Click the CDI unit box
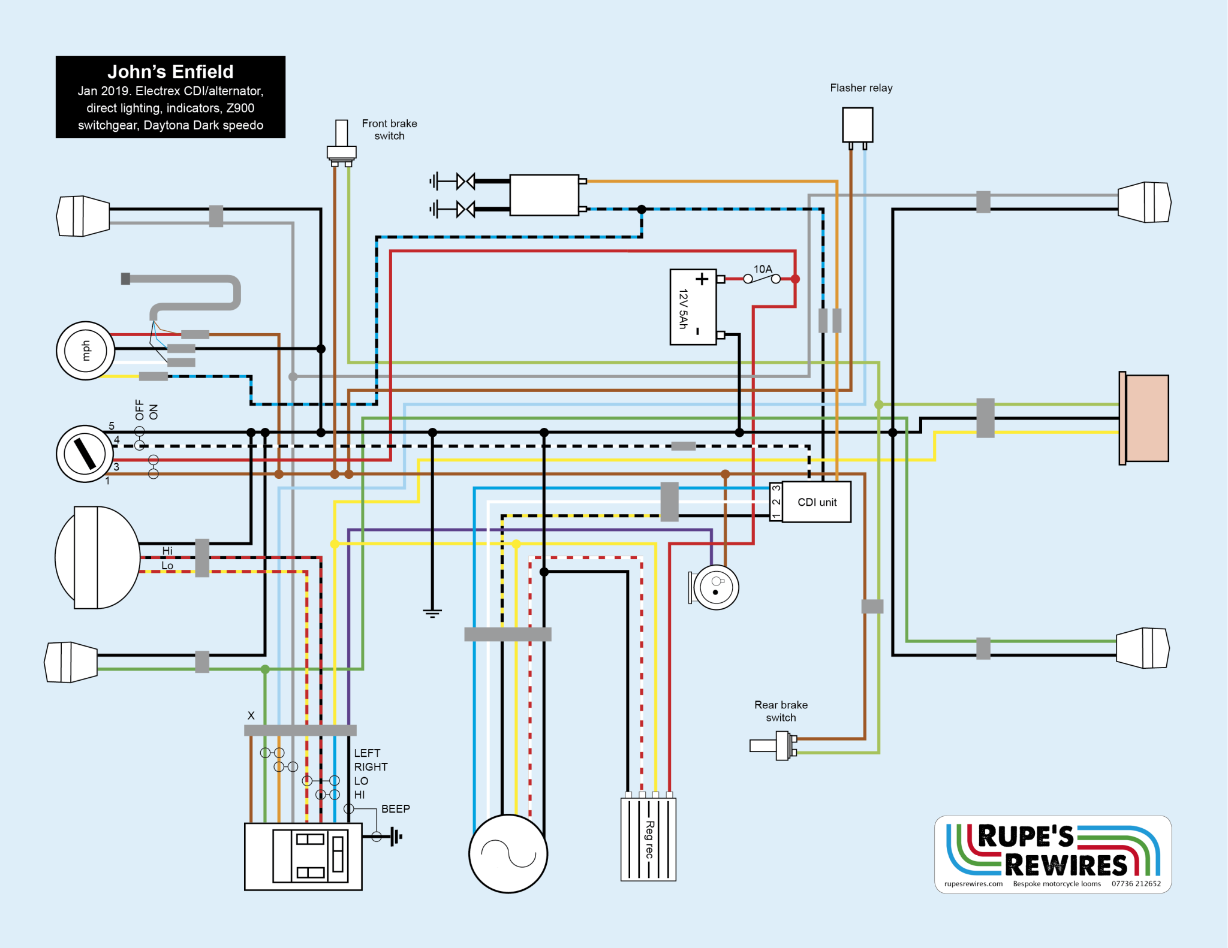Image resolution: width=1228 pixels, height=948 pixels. tap(816, 502)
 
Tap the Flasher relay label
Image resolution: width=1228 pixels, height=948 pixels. tap(861, 88)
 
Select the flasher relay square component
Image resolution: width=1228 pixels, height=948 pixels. tap(857, 125)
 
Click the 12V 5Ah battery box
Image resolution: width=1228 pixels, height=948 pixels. tap(693, 307)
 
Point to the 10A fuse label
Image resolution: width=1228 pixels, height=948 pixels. tap(763, 269)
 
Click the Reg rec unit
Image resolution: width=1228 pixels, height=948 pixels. tap(648, 839)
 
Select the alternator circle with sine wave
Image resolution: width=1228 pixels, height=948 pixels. tap(508, 853)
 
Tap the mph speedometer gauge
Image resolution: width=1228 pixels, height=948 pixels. tap(85, 351)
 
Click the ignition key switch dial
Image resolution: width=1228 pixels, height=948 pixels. tap(85, 454)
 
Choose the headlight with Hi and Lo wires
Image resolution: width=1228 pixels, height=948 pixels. tap(96, 557)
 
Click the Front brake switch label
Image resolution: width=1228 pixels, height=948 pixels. tap(389, 129)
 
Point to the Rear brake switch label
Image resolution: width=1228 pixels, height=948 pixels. tap(781, 711)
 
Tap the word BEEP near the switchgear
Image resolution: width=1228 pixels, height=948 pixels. tap(396, 809)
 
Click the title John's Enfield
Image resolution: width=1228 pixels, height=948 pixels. tap(170, 72)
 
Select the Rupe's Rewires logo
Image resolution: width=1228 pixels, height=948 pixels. tap(1053, 854)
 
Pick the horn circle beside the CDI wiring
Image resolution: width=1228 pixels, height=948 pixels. tap(715, 587)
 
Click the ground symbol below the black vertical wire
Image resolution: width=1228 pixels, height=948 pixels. tap(432, 613)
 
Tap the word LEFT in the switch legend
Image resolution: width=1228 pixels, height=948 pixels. tap(367, 753)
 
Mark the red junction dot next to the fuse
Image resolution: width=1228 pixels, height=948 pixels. tap(795, 279)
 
